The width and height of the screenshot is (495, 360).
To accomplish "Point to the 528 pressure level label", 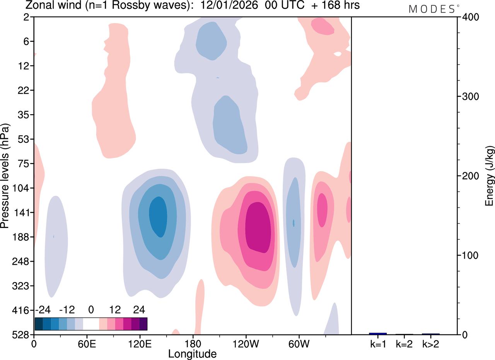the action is tap(20, 335).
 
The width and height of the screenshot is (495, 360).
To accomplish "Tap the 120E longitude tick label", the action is tap(140, 344).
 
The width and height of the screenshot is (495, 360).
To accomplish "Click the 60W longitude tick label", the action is tap(299, 344).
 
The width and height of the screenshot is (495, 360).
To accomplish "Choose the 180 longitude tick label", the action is tap(193, 344).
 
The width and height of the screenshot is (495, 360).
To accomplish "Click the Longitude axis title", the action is tap(192, 354).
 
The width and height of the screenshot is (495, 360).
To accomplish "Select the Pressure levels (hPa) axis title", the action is tap(5, 176).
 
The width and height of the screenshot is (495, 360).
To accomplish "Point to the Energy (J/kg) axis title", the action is tap(490, 176).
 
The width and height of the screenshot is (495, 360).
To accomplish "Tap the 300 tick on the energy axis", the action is tap(471, 96).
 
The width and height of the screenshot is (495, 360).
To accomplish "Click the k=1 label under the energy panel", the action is tap(378, 344).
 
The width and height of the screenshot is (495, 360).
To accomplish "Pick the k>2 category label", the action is tap(431, 344).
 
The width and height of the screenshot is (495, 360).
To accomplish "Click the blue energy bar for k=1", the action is tap(378, 334).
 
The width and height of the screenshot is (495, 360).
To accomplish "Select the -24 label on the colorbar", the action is tap(43, 310).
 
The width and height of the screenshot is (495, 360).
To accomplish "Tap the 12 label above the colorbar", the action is tap(115, 310).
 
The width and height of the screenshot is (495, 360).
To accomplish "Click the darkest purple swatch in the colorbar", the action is tap(143, 324).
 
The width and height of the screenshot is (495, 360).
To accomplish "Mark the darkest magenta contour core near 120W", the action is tap(258, 228).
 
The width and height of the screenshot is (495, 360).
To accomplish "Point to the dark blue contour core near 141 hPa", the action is tap(158, 217).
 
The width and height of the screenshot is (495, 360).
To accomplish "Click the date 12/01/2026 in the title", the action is tap(229, 5).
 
